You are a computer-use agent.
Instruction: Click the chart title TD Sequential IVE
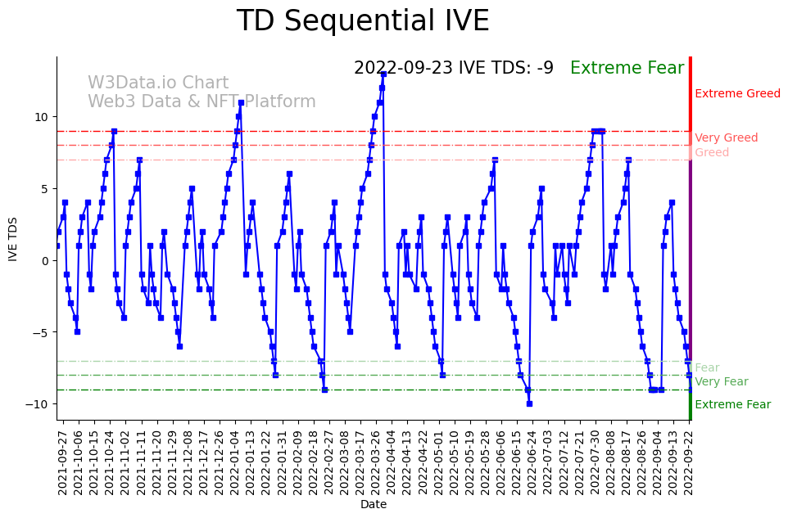coord(363,21)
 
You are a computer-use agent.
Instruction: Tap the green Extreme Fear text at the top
coord(627,68)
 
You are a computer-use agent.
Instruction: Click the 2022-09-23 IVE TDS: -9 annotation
coord(453,68)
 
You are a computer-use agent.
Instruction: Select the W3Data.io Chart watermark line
coord(158,83)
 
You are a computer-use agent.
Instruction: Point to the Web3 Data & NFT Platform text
coord(202,101)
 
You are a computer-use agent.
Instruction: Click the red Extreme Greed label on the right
coord(737,94)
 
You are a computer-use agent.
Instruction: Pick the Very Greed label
coord(726,138)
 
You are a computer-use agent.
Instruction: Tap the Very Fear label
coord(721,382)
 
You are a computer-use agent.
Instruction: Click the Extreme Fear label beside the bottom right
coord(732,404)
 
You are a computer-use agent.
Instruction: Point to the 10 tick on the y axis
coord(41,117)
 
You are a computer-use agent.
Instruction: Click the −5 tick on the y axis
coord(38,332)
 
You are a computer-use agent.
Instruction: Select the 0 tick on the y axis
coord(46,260)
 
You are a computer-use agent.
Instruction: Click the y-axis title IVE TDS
coord(12,239)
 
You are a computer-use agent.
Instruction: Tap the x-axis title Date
coord(374,504)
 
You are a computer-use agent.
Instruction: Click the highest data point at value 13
coord(383,74)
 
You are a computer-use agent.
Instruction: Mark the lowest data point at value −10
coord(529,403)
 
